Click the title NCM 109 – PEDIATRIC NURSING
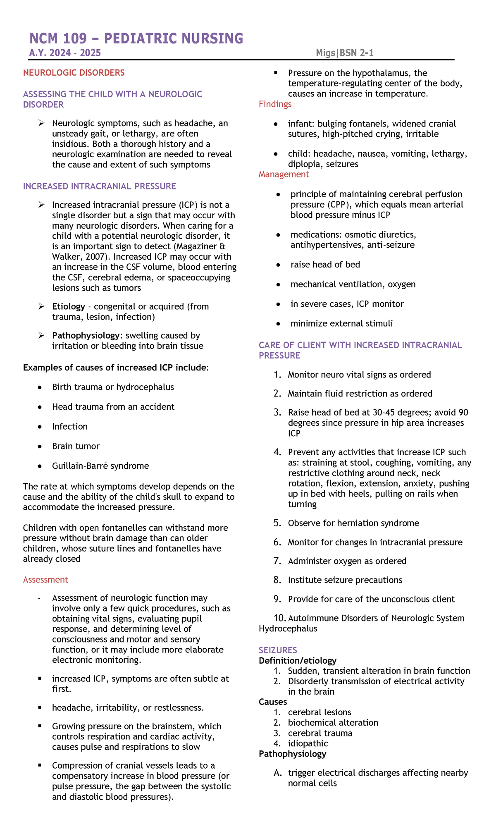(x=136, y=38)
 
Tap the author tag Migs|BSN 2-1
(x=345, y=53)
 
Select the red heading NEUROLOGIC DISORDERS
(x=74, y=73)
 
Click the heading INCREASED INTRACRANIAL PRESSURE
(x=99, y=186)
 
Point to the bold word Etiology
(x=68, y=307)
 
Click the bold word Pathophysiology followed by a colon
(x=86, y=336)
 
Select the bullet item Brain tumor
(x=76, y=447)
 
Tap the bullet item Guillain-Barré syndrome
(x=100, y=466)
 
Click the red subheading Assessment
(x=45, y=580)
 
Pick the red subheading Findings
(x=275, y=104)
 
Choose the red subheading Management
(x=284, y=174)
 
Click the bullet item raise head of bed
(x=325, y=265)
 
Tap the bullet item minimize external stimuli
(x=341, y=324)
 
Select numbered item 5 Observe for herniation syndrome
(x=353, y=523)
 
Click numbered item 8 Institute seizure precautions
(x=345, y=580)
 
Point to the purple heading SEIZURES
(x=278, y=650)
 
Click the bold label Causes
(x=273, y=702)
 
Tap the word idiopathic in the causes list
(x=308, y=743)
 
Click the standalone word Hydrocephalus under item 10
(x=288, y=629)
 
